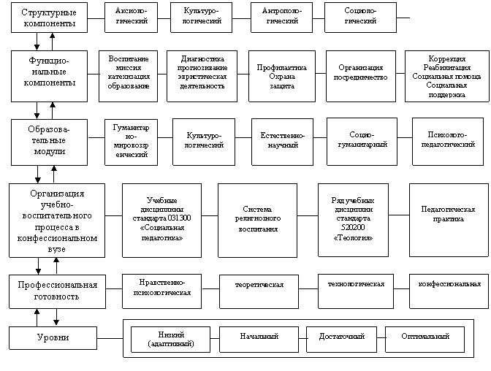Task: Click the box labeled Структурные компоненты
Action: point(49,18)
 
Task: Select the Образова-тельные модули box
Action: point(49,138)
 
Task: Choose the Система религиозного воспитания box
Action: point(256,219)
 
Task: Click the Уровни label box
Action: point(53,337)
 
